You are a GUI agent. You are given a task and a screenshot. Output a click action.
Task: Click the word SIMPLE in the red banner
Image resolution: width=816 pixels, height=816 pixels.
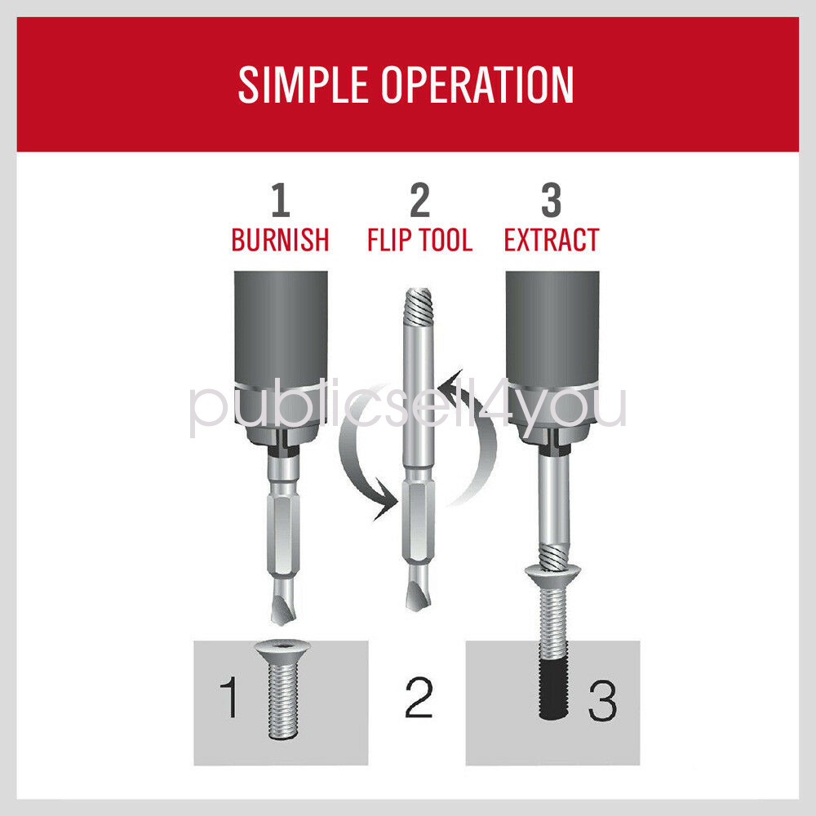(303, 84)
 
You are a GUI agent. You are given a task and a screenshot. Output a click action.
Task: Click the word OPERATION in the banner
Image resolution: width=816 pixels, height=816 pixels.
(477, 84)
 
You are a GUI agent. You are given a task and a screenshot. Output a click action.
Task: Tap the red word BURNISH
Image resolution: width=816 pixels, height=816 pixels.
(280, 240)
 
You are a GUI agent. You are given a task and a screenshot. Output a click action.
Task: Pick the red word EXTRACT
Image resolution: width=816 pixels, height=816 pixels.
(552, 240)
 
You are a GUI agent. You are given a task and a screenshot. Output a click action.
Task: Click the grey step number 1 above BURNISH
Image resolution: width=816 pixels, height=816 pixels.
(281, 201)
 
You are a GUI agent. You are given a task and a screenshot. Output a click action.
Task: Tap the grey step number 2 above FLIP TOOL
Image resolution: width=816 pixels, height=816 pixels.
(420, 201)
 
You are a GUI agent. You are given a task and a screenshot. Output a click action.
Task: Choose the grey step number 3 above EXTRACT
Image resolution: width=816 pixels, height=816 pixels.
(551, 201)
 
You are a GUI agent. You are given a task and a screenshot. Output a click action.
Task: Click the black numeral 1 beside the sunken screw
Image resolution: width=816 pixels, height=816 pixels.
(229, 698)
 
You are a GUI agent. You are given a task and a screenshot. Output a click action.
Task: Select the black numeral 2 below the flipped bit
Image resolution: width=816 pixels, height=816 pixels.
(419, 698)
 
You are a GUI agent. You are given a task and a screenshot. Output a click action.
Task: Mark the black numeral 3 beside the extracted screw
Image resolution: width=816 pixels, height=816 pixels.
(603, 700)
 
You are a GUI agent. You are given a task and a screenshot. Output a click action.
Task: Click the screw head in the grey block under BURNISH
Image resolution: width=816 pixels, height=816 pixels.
(282, 649)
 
